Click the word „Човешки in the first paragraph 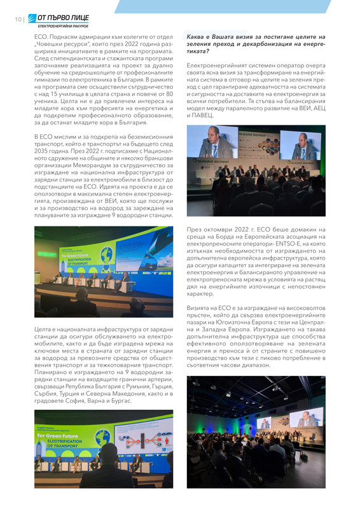pyautogui.click(x=52, y=45)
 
